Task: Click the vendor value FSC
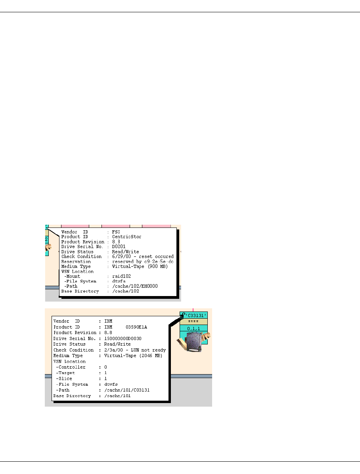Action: tap(116, 231)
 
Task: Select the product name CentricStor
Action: tap(126, 237)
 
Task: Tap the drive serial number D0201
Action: tap(119, 247)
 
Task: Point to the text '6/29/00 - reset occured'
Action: tap(143, 256)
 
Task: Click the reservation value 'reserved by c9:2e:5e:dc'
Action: tap(143, 262)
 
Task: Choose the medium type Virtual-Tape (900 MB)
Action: tap(140, 266)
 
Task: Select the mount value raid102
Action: tap(121, 276)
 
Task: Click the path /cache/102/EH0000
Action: tap(135, 286)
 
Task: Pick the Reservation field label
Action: tap(76, 262)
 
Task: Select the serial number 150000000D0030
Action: tap(123, 338)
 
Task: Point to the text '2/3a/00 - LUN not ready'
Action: tap(135, 350)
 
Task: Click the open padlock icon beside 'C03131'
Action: tap(182, 315)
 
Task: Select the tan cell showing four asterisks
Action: tap(193, 321)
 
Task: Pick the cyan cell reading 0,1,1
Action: tap(193, 328)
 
